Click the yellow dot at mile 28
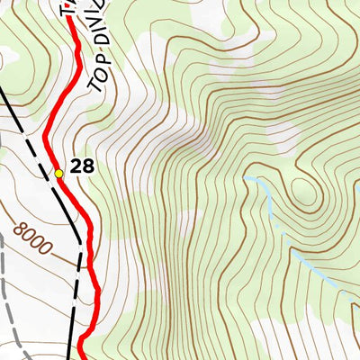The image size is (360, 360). click(x=58, y=173)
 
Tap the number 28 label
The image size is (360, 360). click(x=82, y=166)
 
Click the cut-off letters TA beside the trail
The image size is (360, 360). click(x=65, y=9)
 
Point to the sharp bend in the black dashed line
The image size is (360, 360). click(x=82, y=241)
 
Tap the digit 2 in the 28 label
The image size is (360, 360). click(x=76, y=166)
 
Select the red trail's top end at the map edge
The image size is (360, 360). click(x=71, y=3)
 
